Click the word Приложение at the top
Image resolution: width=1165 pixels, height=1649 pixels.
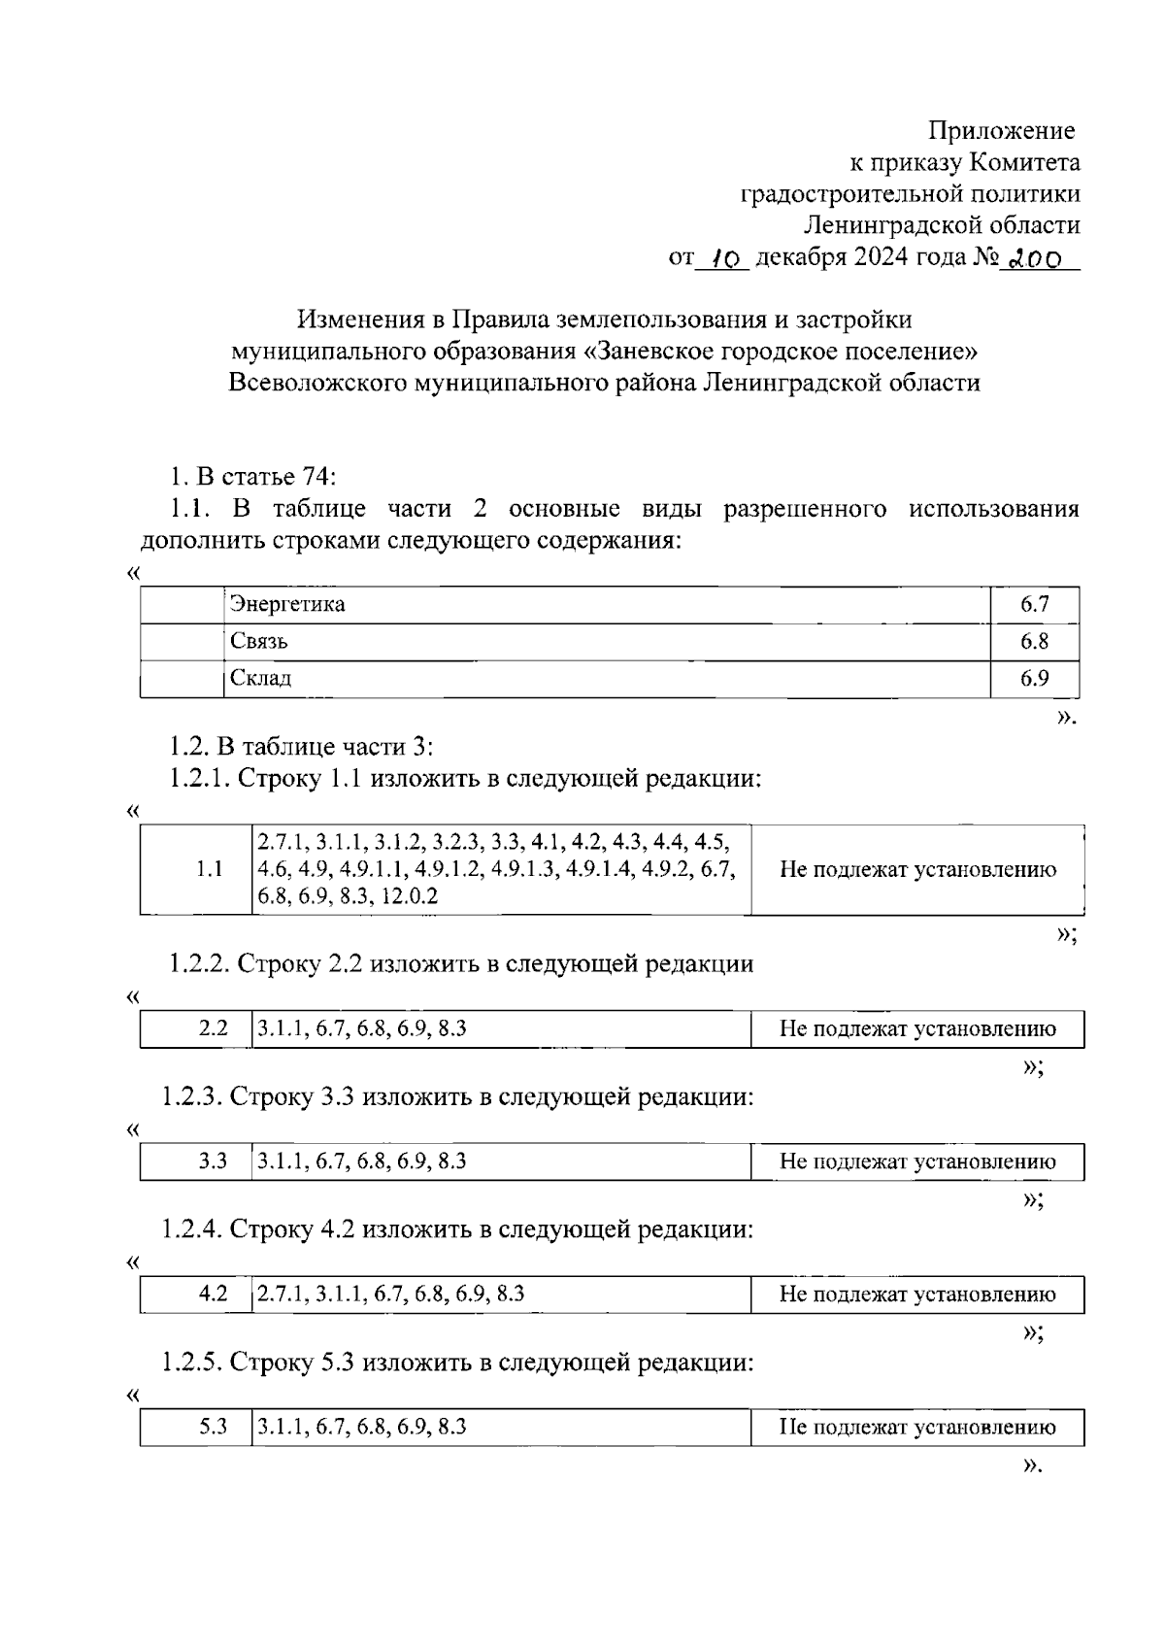click(1001, 130)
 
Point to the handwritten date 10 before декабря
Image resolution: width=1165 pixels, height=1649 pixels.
click(722, 258)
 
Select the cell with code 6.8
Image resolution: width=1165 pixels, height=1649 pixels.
click(1034, 642)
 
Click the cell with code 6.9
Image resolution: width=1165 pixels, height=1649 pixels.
click(1034, 678)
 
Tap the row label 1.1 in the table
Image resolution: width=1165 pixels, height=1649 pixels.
click(209, 869)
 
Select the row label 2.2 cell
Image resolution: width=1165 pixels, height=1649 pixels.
click(213, 1028)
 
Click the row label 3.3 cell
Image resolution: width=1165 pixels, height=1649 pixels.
click(213, 1161)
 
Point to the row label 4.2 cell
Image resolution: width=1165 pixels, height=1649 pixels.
click(213, 1294)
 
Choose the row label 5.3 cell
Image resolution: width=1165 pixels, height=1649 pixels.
click(213, 1427)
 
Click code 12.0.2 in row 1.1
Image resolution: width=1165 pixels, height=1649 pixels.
click(410, 895)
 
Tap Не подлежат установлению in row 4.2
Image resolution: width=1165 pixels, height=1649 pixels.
click(917, 1294)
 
